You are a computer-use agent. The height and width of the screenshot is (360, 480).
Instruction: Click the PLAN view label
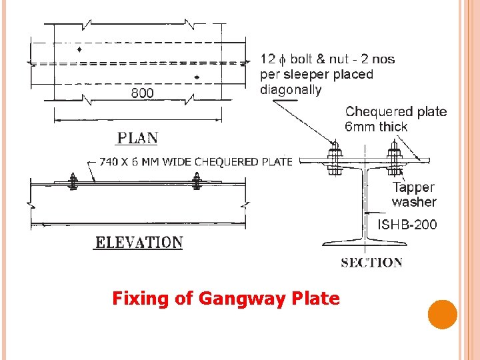pos(138,139)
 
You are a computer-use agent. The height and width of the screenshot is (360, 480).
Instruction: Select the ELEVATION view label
pos(139,242)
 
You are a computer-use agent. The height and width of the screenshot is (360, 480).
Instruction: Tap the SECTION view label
pos(371,263)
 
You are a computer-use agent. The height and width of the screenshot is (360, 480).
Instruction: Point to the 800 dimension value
pos(142,93)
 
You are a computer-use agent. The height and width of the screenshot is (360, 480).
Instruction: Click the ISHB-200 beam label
pos(407,225)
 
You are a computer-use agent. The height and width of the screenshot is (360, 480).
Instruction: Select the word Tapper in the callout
pos(413,187)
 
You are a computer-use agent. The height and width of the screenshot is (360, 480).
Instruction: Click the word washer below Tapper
pos(414,202)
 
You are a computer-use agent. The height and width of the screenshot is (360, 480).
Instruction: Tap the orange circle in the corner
pos(442,315)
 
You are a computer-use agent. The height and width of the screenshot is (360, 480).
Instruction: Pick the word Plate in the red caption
pos(315,298)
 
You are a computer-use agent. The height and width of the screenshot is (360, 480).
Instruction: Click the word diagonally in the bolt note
pos(291,89)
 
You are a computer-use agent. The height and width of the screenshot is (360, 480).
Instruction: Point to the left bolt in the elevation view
pos(73,181)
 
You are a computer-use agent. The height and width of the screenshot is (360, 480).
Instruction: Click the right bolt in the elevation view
pos(197,181)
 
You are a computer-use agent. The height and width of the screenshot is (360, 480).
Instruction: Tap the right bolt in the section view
pos(395,161)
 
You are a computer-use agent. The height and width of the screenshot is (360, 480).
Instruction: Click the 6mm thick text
pos(376,127)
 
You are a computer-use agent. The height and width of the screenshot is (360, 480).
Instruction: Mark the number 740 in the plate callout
pos(111,161)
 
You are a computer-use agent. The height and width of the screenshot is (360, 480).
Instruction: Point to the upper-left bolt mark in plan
pos(79,50)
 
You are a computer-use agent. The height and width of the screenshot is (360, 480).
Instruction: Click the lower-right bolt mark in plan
pos(197,77)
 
